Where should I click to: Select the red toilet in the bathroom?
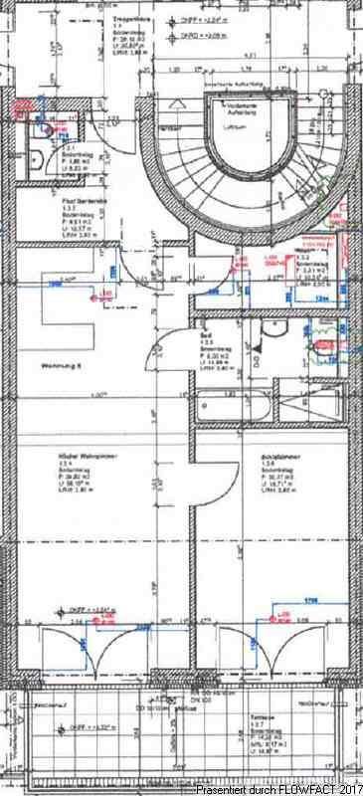tap(320, 345)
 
